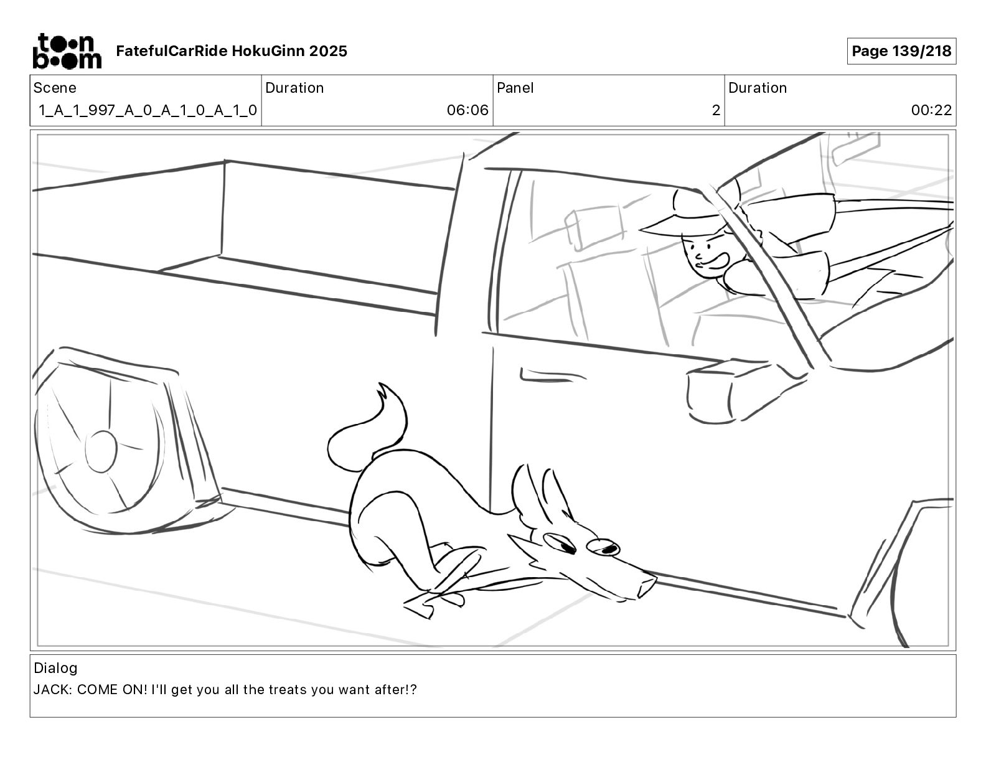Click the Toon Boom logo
67,51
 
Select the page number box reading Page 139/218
901,51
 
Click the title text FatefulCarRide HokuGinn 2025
232,51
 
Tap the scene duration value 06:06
467,110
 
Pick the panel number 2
715,110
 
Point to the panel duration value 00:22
931,110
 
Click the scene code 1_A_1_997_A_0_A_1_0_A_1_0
148,110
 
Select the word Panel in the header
515,88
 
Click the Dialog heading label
55,668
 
